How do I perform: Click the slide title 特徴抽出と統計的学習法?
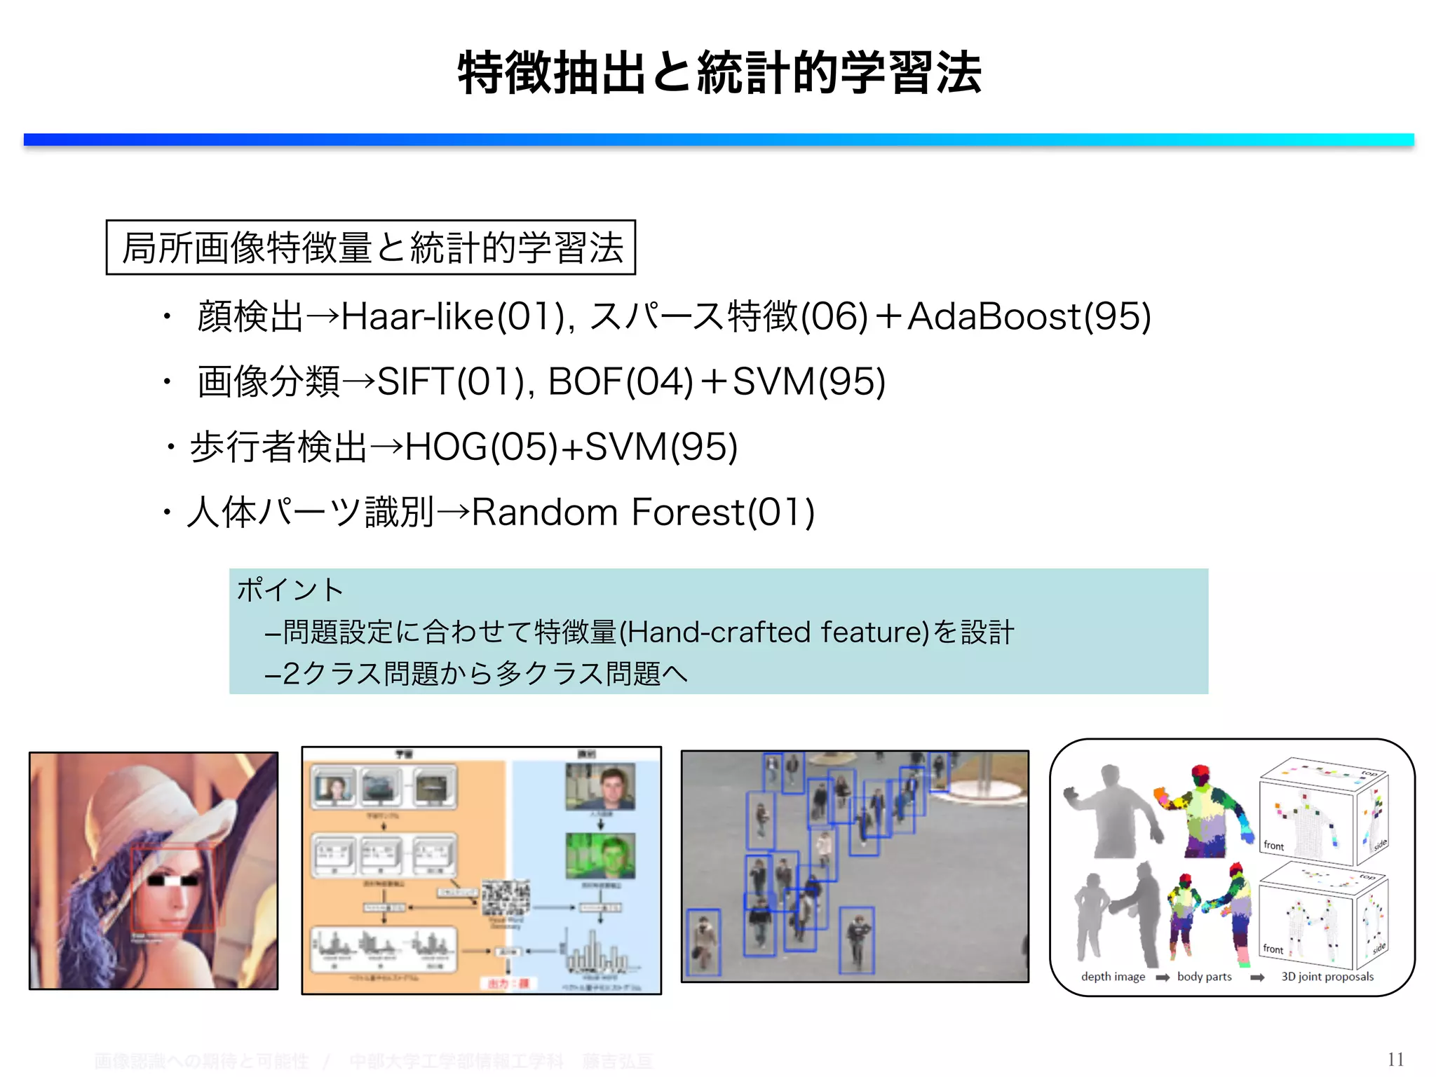(x=719, y=73)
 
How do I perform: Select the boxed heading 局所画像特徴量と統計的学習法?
(x=371, y=248)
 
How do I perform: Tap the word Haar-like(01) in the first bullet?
(x=452, y=316)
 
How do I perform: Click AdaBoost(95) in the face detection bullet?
(x=1029, y=316)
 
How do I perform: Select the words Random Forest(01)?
(x=643, y=513)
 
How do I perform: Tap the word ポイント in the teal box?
(x=290, y=590)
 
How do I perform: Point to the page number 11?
(x=1395, y=1059)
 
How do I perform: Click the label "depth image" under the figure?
(x=1113, y=977)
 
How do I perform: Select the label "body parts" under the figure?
(x=1204, y=977)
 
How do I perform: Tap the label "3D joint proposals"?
(x=1327, y=977)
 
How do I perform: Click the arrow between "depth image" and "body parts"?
(x=1162, y=977)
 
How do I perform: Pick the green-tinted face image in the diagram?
(x=600, y=855)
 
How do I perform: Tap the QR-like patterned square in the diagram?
(x=505, y=898)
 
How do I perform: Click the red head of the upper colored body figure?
(x=1201, y=774)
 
